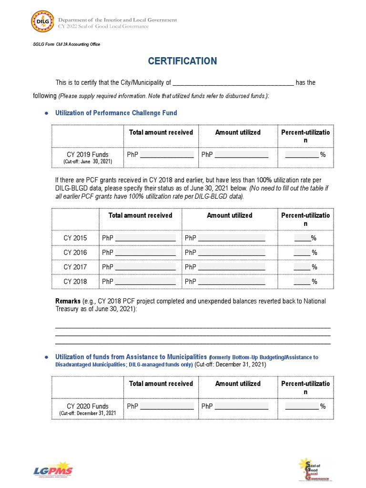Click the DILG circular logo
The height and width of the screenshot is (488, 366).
pos(42,22)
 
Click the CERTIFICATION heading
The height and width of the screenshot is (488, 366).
pos(183,61)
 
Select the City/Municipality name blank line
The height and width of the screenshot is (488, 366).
pos(233,83)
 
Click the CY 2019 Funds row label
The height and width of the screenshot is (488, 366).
pos(87,154)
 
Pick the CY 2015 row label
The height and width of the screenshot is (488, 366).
pos(75,238)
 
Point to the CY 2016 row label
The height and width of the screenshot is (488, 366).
pos(75,252)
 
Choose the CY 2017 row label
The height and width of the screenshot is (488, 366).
pos(75,267)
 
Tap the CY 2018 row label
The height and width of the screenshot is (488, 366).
pos(75,281)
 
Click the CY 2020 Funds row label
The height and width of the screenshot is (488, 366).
pos(87,406)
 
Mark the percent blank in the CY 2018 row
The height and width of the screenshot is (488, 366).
pos(302,282)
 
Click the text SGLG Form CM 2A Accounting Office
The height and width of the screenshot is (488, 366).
pos(66,44)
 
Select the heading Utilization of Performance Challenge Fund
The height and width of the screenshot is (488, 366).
pos(116,113)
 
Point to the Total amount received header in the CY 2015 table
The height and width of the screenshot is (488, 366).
pos(140,215)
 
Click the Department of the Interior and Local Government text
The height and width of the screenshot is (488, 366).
pos(117,20)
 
